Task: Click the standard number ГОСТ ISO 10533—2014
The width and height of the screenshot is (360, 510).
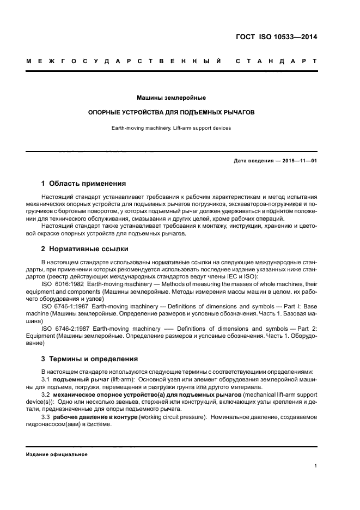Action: [x=277, y=38]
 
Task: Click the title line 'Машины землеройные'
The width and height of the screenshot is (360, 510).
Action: [x=171, y=98]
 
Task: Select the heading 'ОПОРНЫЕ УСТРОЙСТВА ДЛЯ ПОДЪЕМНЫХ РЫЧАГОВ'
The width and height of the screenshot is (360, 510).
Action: [x=172, y=113]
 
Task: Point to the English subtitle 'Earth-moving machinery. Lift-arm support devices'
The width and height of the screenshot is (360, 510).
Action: [x=172, y=129]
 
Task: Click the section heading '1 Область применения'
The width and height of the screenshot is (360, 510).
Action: [x=84, y=184]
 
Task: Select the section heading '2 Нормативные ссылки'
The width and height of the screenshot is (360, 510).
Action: [x=85, y=249]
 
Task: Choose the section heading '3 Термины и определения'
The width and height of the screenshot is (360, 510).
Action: [x=90, y=359]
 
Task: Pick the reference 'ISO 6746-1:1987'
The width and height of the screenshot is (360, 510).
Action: [x=64, y=306]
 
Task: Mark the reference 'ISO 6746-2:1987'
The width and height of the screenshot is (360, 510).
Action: [x=64, y=329]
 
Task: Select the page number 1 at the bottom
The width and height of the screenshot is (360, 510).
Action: [x=315, y=466]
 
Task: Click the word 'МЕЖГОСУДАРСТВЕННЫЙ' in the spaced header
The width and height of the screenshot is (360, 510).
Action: [x=124, y=61]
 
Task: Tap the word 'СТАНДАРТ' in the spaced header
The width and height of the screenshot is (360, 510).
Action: [x=276, y=61]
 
